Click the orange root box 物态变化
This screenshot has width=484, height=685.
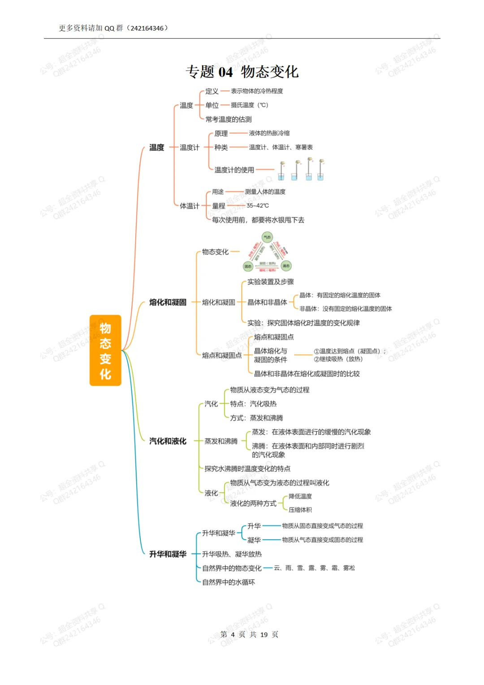coord(105,350)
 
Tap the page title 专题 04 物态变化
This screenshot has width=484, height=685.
coord(242,72)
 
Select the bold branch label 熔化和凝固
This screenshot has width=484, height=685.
coord(168,302)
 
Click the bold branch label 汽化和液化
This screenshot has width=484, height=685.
coord(168,441)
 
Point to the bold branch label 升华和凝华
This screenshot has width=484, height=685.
coord(168,554)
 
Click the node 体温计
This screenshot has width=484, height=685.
coord(189,206)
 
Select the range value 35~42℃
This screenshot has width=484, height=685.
coord(258,205)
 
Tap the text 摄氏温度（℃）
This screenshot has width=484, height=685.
coord(249,105)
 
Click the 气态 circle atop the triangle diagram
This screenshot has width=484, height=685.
coord(267,237)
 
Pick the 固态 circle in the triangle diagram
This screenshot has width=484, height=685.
coord(248,266)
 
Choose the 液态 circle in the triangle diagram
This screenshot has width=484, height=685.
coord(286,266)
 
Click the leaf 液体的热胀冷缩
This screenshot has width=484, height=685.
coord(269,133)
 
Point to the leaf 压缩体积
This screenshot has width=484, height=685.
coord(300,510)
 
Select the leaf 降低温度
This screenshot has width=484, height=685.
coord(300,496)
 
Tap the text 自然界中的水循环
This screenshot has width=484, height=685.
coord(228,582)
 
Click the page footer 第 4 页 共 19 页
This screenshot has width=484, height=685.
coord(249,634)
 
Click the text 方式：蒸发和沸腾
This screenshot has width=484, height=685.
coord(256,418)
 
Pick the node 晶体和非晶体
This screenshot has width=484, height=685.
coord(267,302)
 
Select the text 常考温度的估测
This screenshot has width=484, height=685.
coord(229,119)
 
